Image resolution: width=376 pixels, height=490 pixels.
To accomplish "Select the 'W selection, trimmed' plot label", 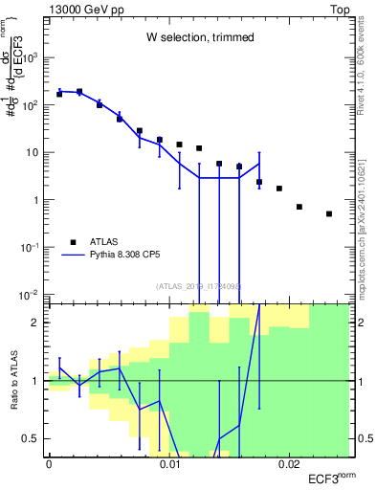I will tap(199, 38).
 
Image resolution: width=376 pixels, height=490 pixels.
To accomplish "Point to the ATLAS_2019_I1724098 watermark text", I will tap(199, 285).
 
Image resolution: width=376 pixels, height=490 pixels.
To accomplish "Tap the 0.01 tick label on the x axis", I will tap(168, 464).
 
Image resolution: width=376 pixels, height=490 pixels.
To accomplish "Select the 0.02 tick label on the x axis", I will tap(289, 464).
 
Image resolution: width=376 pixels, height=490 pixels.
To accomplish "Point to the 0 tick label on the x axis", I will tap(49, 464).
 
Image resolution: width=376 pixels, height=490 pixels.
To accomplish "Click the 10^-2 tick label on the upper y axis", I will tap(31, 294).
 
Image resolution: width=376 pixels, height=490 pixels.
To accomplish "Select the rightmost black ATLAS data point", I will tap(329, 213).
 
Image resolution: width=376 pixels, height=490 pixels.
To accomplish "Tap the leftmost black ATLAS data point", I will tap(59, 94).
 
